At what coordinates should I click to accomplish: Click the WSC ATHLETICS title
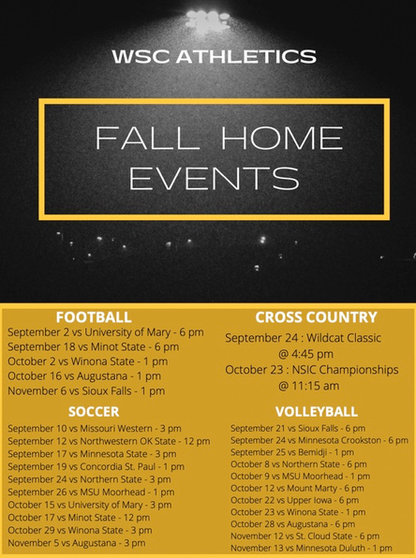click(x=214, y=56)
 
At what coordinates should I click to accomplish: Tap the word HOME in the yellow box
click(x=282, y=138)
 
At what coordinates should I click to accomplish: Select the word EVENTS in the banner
click(x=214, y=178)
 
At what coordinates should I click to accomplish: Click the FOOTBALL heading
click(x=94, y=317)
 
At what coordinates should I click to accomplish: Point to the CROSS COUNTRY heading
click(x=317, y=317)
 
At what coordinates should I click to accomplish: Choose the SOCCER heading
click(x=94, y=411)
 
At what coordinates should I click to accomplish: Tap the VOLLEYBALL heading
click(x=317, y=411)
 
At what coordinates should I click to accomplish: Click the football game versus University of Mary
click(x=106, y=332)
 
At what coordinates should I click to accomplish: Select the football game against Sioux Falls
click(x=86, y=390)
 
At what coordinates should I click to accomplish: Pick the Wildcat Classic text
click(x=344, y=338)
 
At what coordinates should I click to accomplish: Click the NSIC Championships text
click(x=345, y=370)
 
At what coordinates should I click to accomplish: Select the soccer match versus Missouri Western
click(x=95, y=428)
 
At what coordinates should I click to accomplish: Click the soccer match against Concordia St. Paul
click(x=96, y=466)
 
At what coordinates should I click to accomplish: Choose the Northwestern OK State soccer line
click(x=109, y=441)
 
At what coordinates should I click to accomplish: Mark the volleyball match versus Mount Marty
click(x=297, y=489)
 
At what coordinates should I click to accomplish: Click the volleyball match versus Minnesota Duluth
click(x=311, y=548)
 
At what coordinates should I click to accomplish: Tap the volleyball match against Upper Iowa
click(x=294, y=500)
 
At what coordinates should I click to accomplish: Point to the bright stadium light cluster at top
click(x=208, y=19)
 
